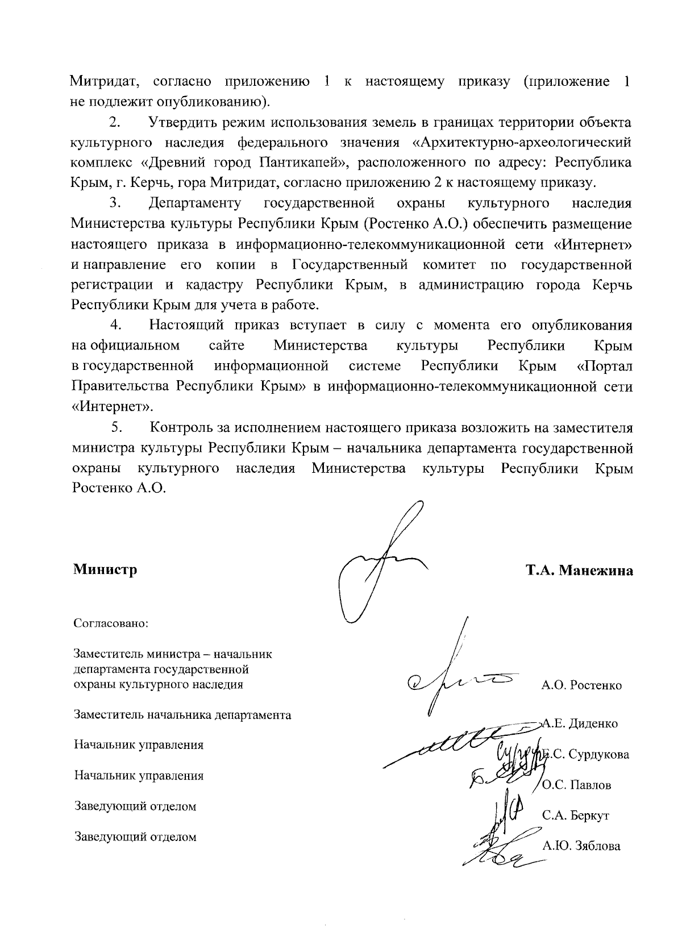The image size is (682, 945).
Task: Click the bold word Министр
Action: [105, 569]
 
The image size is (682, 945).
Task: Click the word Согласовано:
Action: [111, 623]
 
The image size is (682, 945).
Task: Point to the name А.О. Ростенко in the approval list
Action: [581, 685]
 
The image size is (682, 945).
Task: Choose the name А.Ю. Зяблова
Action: [581, 846]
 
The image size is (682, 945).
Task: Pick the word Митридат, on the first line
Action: [105, 81]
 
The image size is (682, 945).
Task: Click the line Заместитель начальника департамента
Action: [182, 715]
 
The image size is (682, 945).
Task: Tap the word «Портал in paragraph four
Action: [604, 366]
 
